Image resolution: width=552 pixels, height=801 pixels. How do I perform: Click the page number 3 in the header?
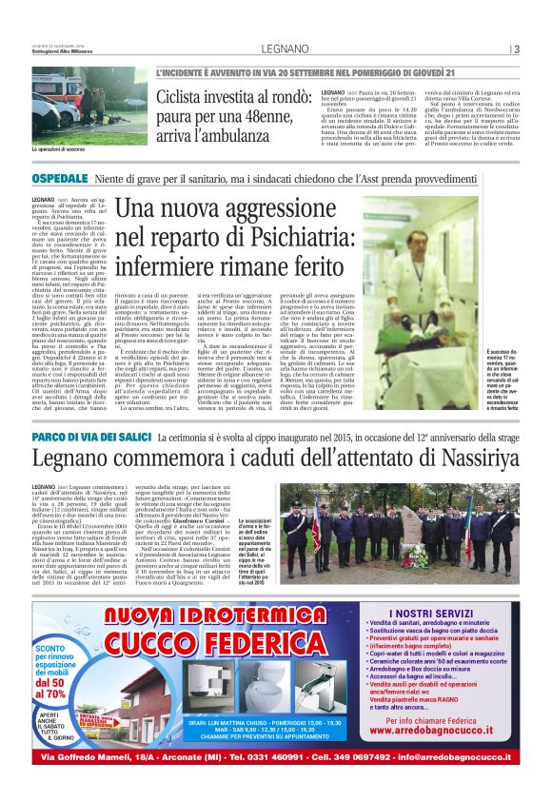click(516, 49)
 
